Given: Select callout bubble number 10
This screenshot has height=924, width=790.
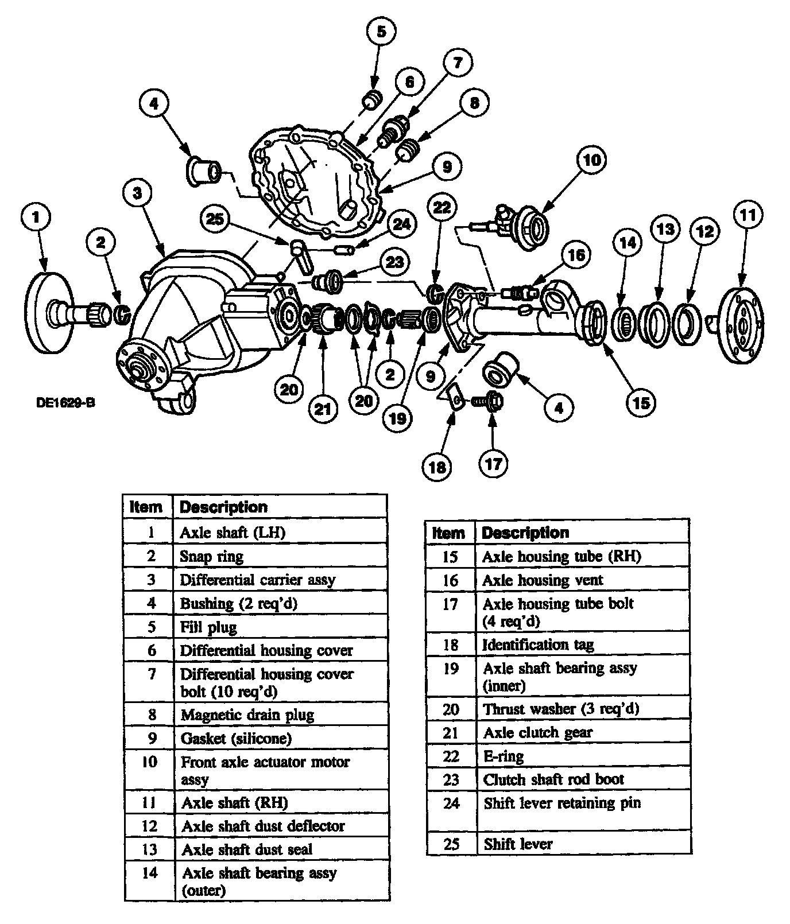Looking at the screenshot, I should click(591, 160).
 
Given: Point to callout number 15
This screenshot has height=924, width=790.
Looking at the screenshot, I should click(641, 403).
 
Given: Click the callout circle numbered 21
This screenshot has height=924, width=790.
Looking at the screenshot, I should click(324, 409).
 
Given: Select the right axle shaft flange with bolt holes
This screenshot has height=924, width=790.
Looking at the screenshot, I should click(741, 325).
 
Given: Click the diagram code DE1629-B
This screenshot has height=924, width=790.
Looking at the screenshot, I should click(65, 403).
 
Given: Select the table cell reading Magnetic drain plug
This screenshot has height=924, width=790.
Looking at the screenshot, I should click(247, 715).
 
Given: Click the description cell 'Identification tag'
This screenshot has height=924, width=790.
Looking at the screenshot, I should click(538, 645).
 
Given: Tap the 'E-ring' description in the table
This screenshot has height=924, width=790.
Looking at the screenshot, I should click(504, 756).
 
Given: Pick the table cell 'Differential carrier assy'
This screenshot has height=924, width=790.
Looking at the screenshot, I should click(257, 580).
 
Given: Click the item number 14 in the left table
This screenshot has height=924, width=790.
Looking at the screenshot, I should click(149, 873).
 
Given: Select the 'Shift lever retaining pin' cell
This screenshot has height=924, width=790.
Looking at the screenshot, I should click(562, 803).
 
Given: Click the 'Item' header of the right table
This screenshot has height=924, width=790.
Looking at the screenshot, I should click(448, 533).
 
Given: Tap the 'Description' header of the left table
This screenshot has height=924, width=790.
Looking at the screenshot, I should click(224, 507).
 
